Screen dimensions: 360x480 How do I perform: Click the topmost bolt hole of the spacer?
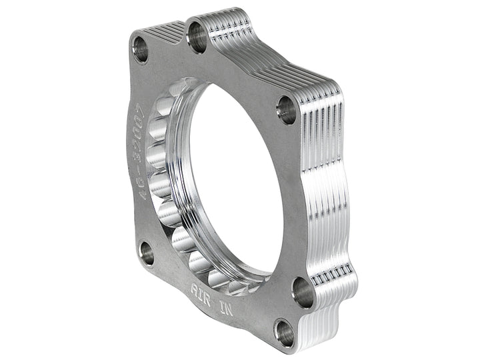point(197,36)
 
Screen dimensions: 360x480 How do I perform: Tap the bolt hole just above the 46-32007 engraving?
point(141,50)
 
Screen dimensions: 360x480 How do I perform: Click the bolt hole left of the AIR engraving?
point(147,254)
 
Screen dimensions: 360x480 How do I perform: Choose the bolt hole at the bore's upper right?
point(287,109)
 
